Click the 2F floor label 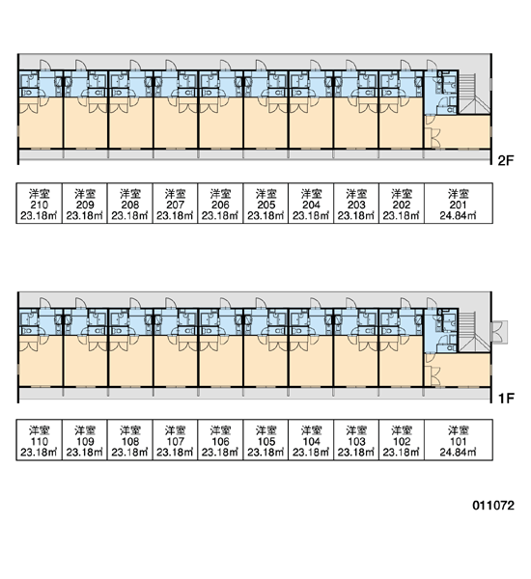point(506,160)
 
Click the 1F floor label point(506,399)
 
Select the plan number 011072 point(493,505)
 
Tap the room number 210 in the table point(40,205)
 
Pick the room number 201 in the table point(459,205)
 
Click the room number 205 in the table point(266,205)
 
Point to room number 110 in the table point(40,441)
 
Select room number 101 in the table point(459,441)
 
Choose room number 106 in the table point(220,441)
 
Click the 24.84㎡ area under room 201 point(459,215)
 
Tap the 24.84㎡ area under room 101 point(459,452)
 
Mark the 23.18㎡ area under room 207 point(175,215)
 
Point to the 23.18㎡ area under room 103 point(356,452)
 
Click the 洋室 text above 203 point(356,194)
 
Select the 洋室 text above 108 point(130,430)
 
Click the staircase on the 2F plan point(474,94)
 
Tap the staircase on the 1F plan point(474,332)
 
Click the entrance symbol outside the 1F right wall point(499,332)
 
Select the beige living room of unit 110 point(41,361)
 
